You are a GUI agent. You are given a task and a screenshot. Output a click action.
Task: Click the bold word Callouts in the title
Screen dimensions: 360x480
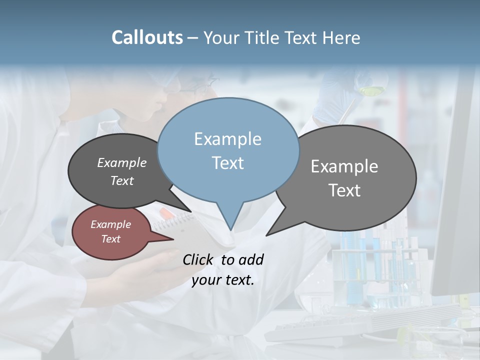[147, 37]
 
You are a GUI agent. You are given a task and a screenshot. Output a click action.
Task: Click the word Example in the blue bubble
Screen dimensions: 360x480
[227, 139]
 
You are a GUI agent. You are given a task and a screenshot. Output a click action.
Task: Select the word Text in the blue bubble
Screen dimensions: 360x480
[227, 163]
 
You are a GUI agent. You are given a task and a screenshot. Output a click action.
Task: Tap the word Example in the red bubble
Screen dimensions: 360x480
[110, 224]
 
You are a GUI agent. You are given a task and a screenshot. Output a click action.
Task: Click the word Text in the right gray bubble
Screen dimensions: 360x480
[344, 190]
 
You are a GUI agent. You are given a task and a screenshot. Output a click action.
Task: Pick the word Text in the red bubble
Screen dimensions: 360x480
[110, 239]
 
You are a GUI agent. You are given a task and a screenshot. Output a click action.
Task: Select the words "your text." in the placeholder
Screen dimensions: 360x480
[223, 280]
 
